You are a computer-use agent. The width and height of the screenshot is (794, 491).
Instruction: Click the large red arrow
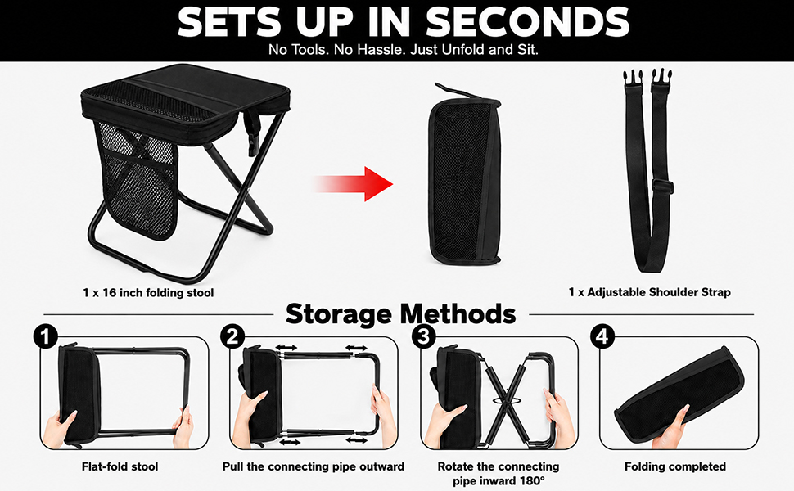pos(354,184)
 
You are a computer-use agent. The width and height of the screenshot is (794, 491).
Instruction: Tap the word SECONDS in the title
pos(527,22)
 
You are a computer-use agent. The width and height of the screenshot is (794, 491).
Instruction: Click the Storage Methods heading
pos(400,314)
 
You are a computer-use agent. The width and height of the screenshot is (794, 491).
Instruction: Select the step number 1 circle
pos(46,336)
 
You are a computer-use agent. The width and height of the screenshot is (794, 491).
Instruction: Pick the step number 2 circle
pos(232,336)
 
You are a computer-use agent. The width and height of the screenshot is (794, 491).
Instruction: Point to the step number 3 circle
pos(424,336)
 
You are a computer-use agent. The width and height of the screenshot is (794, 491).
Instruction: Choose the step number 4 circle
pos(602,336)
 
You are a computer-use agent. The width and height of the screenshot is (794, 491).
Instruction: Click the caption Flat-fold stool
pos(120,466)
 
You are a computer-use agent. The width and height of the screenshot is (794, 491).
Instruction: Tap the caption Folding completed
pos(675,466)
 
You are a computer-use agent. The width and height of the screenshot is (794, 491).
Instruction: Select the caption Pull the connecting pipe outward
pos(314,466)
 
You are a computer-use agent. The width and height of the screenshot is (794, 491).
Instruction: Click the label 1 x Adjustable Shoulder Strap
pos(650,292)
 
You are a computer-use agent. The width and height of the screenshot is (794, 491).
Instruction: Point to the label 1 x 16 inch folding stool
pos(148,293)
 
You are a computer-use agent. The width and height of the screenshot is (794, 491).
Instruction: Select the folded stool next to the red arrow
pos(464,175)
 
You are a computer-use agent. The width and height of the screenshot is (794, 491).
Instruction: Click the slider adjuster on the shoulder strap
pos(662,185)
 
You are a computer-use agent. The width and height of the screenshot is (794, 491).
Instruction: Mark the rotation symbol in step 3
pos(505,400)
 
